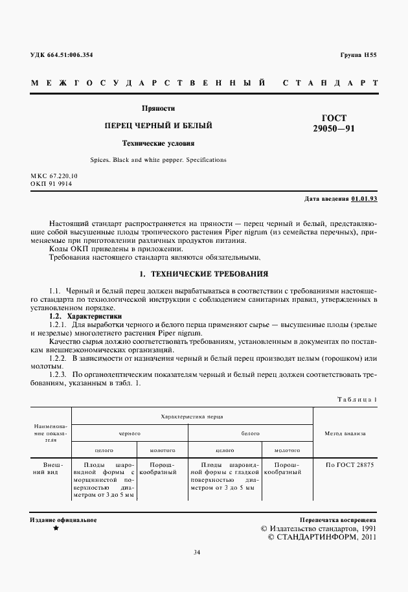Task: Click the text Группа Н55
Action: pyautogui.click(x=358, y=55)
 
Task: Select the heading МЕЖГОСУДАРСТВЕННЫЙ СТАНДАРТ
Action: pyautogui.click(x=204, y=84)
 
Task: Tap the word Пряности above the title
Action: pyautogui.click(x=159, y=108)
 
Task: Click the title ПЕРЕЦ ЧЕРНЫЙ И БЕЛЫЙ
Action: pyautogui.click(x=159, y=125)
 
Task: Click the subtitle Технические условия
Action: pyautogui.click(x=159, y=142)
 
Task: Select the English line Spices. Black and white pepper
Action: pyautogui.click(x=159, y=159)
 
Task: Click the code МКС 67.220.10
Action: pyautogui.click(x=54, y=176)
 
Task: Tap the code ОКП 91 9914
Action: pyautogui.click(x=52, y=183)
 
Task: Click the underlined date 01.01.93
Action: pyautogui.click(x=365, y=198)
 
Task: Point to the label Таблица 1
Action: pyautogui.click(x=357, y=399)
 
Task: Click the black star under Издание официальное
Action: pyautogui.click(x=56, y=529)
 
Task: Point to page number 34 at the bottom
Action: pyautogui.click(x=197, y=552)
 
